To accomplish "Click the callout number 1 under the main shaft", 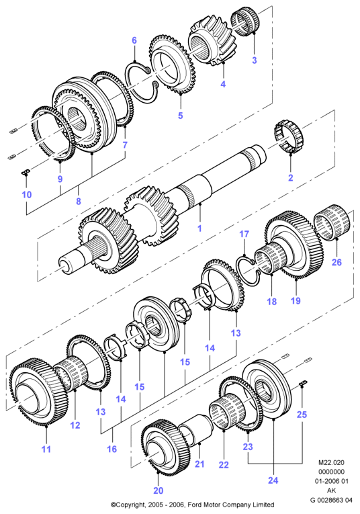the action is pos(199,228).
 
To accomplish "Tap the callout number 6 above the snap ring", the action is pos(134,40).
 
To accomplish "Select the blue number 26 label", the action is pos(336,262).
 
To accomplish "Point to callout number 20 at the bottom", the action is pos(159,490).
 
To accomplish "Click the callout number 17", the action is pos(244,234).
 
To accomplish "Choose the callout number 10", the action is pos(27,194).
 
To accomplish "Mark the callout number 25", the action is pos(302,415).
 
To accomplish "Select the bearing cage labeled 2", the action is pos(288,137).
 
